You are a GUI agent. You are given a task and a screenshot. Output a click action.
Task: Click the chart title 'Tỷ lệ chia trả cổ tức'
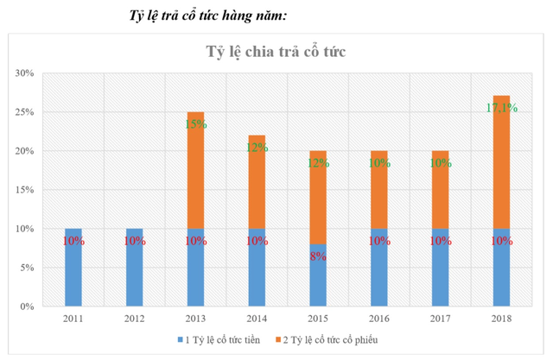[x=275, y=52]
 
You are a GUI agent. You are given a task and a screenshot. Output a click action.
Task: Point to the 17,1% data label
[x=501, y=109]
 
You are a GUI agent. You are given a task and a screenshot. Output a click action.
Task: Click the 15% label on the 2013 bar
[x=195, y=124]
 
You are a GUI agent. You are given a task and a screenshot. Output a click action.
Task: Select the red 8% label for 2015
[x=318, y=256]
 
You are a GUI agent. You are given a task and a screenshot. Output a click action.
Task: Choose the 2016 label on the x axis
[x=378, y=320]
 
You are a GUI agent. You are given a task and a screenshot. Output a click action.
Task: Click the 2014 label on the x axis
[x=257, y=320]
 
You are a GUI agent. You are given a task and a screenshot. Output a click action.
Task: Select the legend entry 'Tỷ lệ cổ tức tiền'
[x=224, y=340]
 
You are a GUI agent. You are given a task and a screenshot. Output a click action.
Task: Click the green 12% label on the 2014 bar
[x=257, y=148]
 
